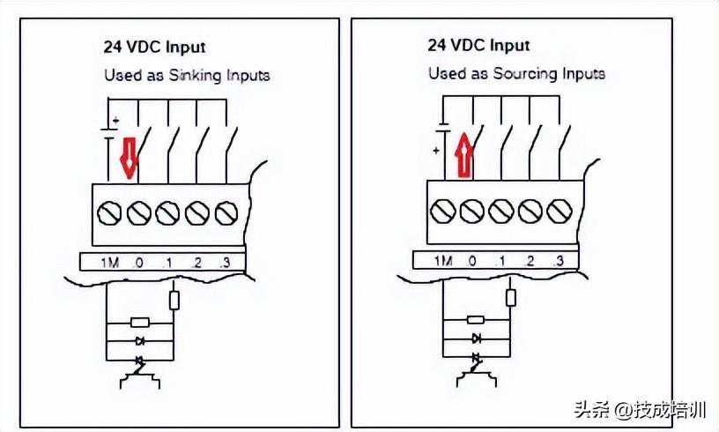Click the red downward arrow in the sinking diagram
[x=129, y=156]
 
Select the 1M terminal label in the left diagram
[x=108, y=262]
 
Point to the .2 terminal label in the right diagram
[x=530, y=261]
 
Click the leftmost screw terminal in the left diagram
[x=108, y=212]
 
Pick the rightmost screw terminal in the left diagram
[x=226, y=212]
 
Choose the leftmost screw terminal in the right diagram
[x=443, y=210]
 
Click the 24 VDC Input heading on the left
[x=154, y=47]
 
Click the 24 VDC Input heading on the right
[x=480, y=45]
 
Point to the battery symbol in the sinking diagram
[x=108, y=132]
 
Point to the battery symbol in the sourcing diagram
[x=444, y=131]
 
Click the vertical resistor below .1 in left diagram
[x=174, y=300]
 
